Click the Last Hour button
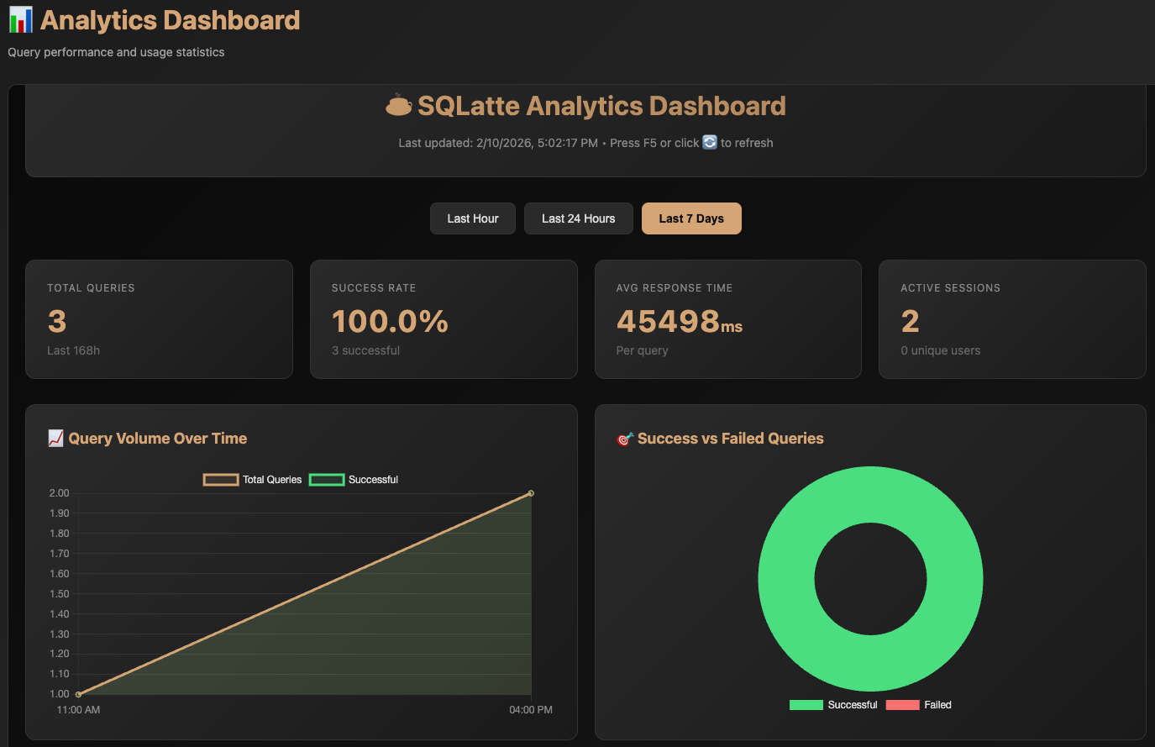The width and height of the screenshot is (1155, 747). click(x=472, y=218)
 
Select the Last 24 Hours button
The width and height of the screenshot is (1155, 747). click(x=578, y=218)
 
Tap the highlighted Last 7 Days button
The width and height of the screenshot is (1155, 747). click(x=690, y=218)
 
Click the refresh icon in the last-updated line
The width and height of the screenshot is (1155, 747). click(x=710, y=143)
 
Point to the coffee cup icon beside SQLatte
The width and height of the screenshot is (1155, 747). click(x=398, y=106)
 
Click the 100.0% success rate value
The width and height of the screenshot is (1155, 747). click(x=390, y=321)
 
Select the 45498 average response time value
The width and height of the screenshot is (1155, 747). click(x=669, y=321)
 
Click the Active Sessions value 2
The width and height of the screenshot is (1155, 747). click(x=910, y=321)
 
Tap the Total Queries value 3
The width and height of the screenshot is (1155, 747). click(x=57, y=321)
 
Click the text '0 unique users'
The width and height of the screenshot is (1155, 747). click(x=940, y=350)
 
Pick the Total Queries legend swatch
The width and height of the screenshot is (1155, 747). click(x=220, y=480)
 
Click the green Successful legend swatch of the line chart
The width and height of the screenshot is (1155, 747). click(x=327, y=480)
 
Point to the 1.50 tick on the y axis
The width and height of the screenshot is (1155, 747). click(x=59, y=594)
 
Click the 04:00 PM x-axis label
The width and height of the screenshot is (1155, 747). click(x=530, y=710)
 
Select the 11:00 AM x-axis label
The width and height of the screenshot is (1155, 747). click(x=78, y=710)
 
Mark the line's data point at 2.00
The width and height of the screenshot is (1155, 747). click(x=531, y=493)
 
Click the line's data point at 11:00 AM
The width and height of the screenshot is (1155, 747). click(x=78, y=694)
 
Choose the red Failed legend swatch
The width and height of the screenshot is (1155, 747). click(x=902, y=705)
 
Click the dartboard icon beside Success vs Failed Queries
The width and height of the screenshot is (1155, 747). click(x=625, y=439)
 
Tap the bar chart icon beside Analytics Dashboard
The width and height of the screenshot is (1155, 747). click(x=20, y=19)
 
